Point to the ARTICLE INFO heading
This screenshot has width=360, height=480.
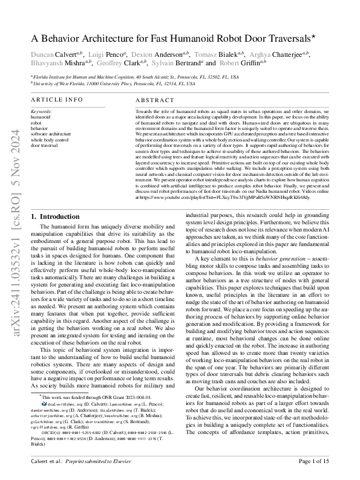57,99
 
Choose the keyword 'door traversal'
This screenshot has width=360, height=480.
45,146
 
